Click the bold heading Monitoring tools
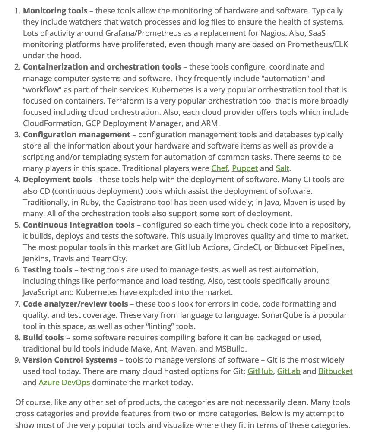(55, 10)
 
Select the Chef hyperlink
(219, 168)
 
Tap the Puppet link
(245, 168)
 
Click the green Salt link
(282, 168)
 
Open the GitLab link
(288, 371)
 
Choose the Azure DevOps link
(64, 382)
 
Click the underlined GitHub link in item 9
(260, 371)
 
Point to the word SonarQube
(282, 315)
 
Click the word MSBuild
(231, 348)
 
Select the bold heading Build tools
(43, 337)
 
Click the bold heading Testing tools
(48, 269)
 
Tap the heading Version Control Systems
(70, 360)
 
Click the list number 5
(17, 225)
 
